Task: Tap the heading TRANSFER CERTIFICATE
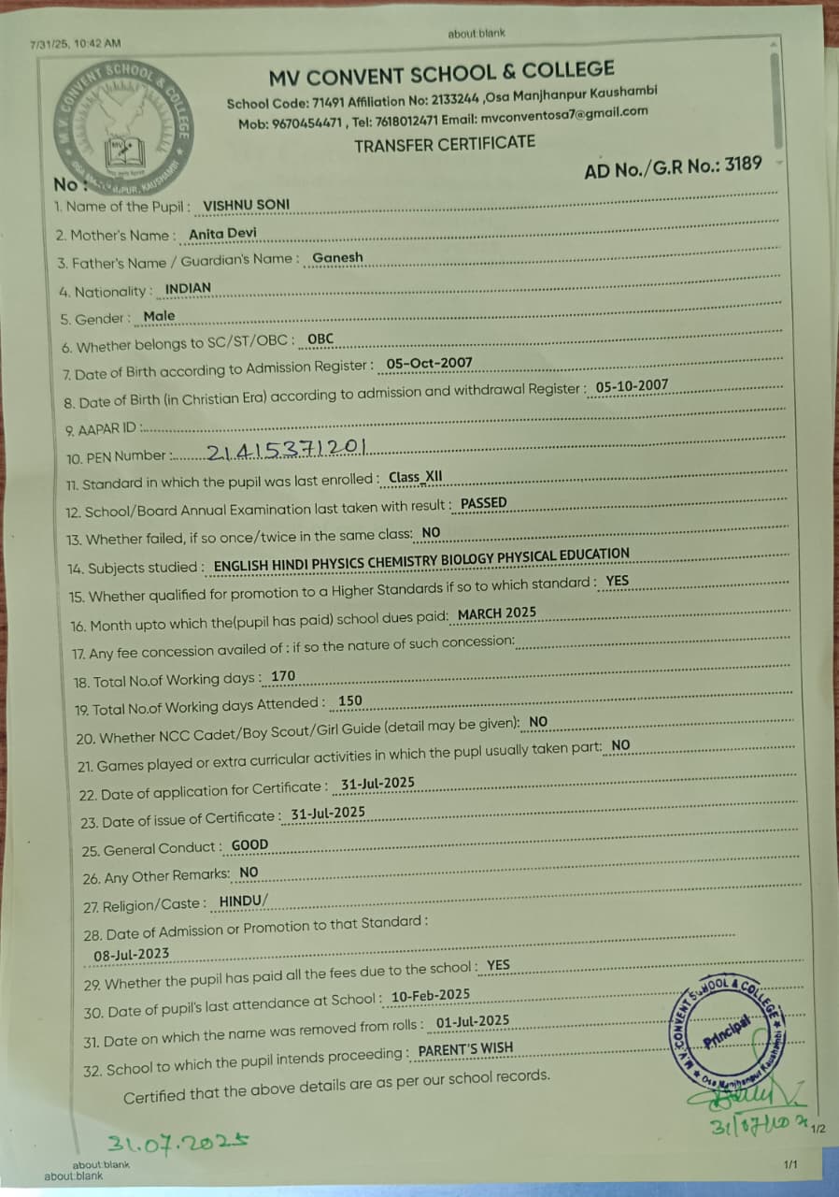pyautogui.click(x=445, y=143)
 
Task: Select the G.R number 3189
pyautogui.click(x=742, y=165)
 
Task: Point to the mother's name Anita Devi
pyautogui.click(x=222, y=234)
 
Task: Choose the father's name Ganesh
pyautogui.click(x=337, y=257)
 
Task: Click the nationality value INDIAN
pyautogui.click(x=188, y=288)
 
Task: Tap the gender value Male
pyautogui.click(x=159, y=316)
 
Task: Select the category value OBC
pyautogui.click(x=320, y=339)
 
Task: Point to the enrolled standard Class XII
pyautogui.click(x=415, y=477)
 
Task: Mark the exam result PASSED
pyautogui.click(x=484, y=503)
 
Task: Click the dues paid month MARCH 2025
pyautogui.click(x=497, y=613)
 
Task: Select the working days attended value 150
pyautogui.click(x=350, y=700)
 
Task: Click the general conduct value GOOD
pyautogui.click(x=249, y=845)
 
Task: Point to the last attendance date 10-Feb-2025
pyautogui.click(x=431, y=996)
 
